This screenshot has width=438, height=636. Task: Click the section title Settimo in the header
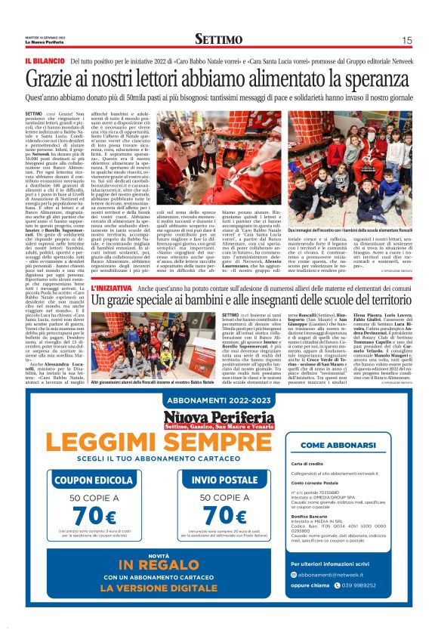(218, 39)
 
